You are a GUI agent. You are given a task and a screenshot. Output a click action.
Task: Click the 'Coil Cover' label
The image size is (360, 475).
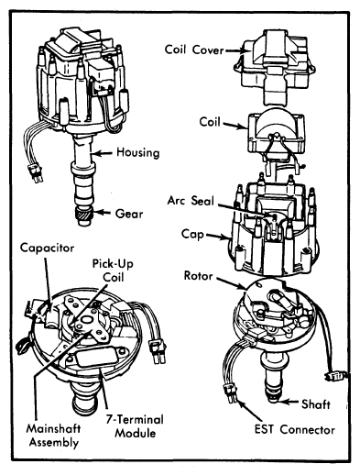pyautogui.click(x=194, y=50)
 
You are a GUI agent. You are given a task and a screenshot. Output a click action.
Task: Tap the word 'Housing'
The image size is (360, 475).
pyautogui.click(x=138, y=152)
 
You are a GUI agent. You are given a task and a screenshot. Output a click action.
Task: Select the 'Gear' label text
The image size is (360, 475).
pyautogui.click(x=129, y=214)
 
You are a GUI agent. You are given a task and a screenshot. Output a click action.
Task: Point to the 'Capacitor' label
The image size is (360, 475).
pyautogui.click(x=47, y=248)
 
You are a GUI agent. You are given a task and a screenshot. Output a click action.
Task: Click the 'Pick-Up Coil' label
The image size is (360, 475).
pyautogui.click(x=113, y=271)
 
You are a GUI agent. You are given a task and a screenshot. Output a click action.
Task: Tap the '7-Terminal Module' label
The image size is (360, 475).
pyautogui.click(x=135, y=426)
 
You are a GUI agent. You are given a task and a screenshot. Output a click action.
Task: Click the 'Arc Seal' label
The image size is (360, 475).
pyautogui.click(x=191, y=201)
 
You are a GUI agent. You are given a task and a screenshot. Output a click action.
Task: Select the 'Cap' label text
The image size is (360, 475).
pyautogui.click(x=192, y=235)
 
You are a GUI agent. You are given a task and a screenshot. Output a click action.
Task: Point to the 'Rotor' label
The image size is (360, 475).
pyautogui.click(x=198, y=276)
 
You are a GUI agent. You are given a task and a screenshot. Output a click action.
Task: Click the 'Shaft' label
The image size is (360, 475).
pyautogui.click(x=316, y=404)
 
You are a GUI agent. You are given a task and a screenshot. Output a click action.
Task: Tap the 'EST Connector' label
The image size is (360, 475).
pyautogui.click(x=295, y=429)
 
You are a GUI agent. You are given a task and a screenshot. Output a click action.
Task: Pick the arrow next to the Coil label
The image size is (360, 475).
pyautogui.click(x=235, y=126)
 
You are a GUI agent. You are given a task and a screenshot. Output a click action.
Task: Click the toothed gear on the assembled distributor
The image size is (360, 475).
pyautogui.click(x=83, y=216)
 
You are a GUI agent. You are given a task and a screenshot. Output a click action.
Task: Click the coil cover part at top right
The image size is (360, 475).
pyautogui.click(x=273, y=66)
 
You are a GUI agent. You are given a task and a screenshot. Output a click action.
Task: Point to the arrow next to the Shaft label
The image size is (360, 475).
pyautogui.click(x=289, y=402)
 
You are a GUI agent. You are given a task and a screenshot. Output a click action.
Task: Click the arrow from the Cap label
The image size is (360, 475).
pyautogui.click(x=217, y=237)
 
